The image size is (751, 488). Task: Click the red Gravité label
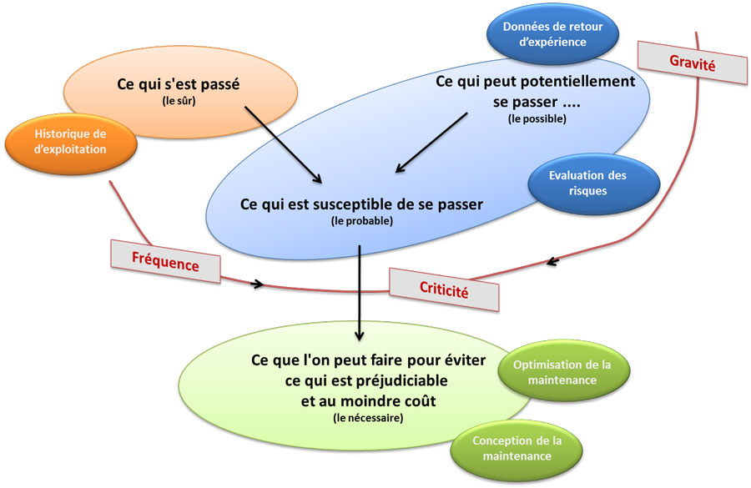tap(693, 62)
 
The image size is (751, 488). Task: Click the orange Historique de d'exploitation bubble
tap(72, 141)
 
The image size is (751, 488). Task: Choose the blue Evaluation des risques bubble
tap(587, 183)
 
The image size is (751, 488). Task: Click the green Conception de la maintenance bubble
tap(512, 448)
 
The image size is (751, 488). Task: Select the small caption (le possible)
tap(537, 119)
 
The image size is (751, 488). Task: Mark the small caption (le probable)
tap(361, 221)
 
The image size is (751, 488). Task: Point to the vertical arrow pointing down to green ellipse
tap(359, 292)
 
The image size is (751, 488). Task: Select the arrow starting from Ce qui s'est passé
tap(284, 142)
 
